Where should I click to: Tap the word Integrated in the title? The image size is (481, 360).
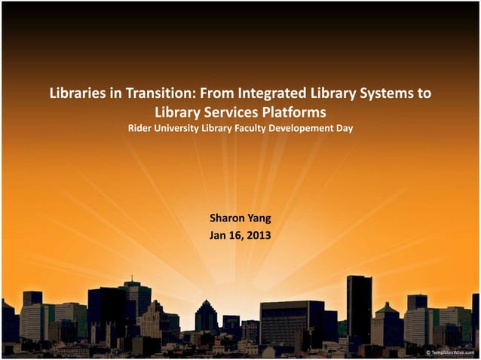(268, 95)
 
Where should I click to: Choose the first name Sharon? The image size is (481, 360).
(226, 219)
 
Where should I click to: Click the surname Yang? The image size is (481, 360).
(259, 219)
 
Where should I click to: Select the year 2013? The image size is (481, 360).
(259, 235)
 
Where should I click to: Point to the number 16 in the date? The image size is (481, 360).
(236, 235)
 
